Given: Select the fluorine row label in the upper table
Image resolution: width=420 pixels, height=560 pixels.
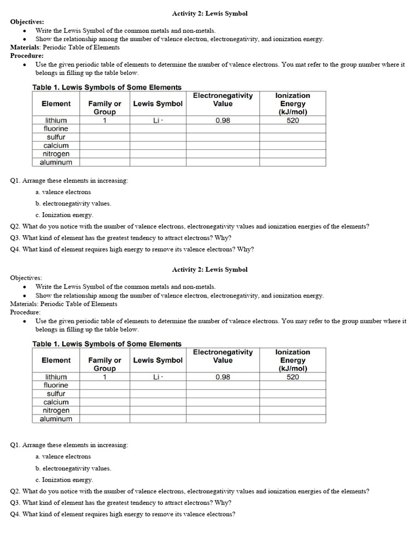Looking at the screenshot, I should point(56,129).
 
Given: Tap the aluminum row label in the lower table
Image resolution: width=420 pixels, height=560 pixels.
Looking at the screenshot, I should point(56,419).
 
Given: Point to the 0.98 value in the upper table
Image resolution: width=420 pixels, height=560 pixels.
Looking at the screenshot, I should point(223,120).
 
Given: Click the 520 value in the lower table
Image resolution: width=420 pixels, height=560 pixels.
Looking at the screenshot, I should point(293,377).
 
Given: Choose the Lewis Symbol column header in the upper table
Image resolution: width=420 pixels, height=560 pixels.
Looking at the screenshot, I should point(157,103).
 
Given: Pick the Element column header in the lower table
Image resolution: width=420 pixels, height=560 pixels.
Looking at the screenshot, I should point(56,360).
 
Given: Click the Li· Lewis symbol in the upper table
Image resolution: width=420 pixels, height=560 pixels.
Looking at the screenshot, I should point(157,120).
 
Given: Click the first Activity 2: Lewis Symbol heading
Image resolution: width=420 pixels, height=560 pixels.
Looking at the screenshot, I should point(209,13).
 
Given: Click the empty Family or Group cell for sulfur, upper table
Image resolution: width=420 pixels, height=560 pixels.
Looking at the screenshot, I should point(104,137).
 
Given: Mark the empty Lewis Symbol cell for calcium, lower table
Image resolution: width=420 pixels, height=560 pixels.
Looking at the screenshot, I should point(157,402).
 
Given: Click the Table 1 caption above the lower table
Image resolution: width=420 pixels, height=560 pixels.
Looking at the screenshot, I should point(107,344).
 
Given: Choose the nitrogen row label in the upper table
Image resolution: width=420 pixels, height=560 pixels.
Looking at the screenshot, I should point(56,154).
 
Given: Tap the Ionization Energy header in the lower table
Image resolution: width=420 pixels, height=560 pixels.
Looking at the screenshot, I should point(293,360).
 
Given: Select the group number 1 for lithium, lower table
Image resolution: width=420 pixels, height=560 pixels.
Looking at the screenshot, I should point(104,377).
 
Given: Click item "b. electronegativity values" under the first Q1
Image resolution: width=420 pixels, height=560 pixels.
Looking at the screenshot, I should point(73,203).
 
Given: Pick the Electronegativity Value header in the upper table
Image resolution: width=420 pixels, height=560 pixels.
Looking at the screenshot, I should point(223,100).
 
